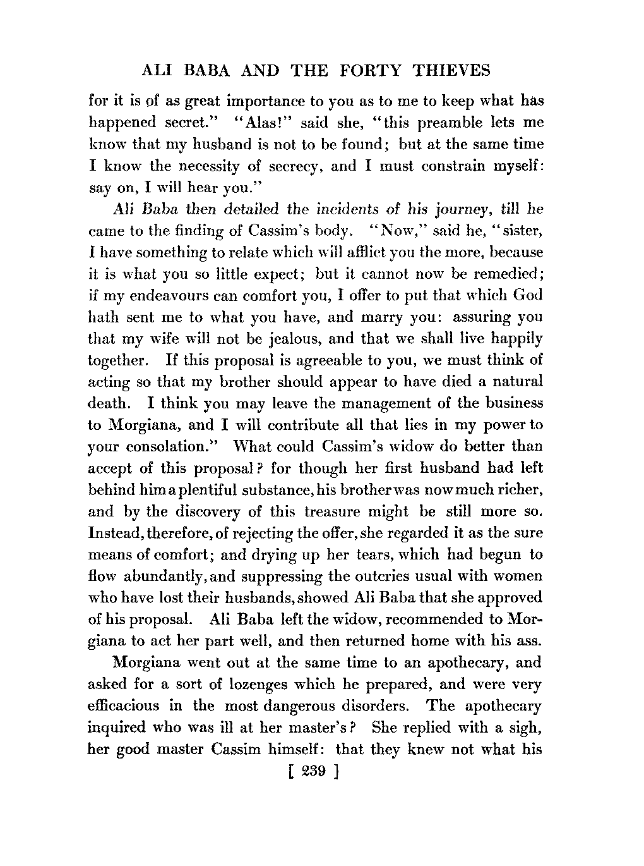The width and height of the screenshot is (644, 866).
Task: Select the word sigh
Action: pyautogui.click(x=525, y=728)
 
